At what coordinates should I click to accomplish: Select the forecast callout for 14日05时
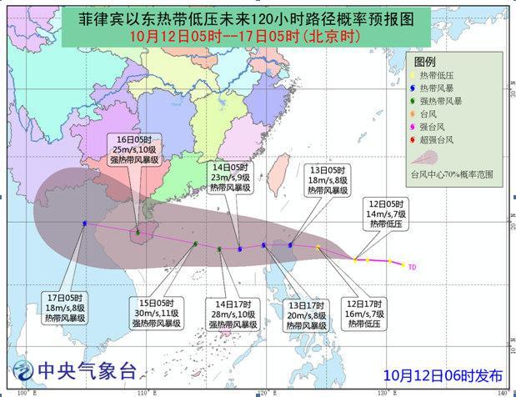point(231,178)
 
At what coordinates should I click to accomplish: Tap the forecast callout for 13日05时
point(325,178)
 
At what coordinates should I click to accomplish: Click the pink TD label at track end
point(412,267)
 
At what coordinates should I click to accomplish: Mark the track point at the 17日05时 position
point(85,223)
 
